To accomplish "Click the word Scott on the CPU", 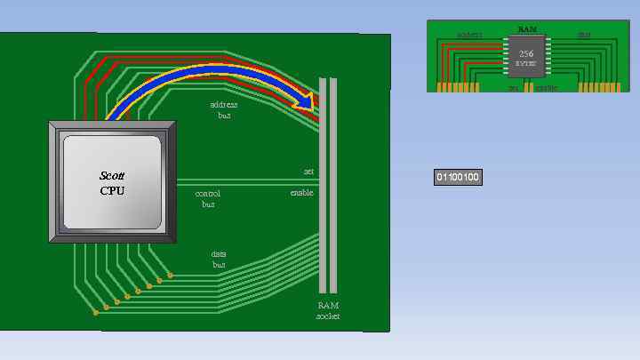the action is (x=113, y=176).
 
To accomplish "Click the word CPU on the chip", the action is (x=113, y=190).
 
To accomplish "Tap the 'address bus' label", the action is (x=224, y=110).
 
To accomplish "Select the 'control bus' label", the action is (x=208, y=198).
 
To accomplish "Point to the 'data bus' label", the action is (x=219, y=259).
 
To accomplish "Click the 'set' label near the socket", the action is (x=308, y=172).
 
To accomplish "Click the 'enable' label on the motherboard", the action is (x=301, y=193).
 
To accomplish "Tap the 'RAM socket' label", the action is (x=328, y=310).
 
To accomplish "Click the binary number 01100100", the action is (x=458, y=178).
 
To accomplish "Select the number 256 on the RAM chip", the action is (x=526, y=53).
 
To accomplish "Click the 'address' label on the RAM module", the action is (x=468, y=36).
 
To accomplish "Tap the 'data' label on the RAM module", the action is (x=583, y=36).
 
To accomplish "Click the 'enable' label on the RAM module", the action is (x=546, y=88).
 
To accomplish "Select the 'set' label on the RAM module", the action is (x=513, y=88).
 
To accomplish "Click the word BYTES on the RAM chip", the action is (x=526, y=64).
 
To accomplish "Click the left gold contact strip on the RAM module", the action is (x=458, y=87).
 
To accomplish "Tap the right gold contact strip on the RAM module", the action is (x=598, y=87).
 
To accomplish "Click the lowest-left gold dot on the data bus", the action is (x=95, y=313).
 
